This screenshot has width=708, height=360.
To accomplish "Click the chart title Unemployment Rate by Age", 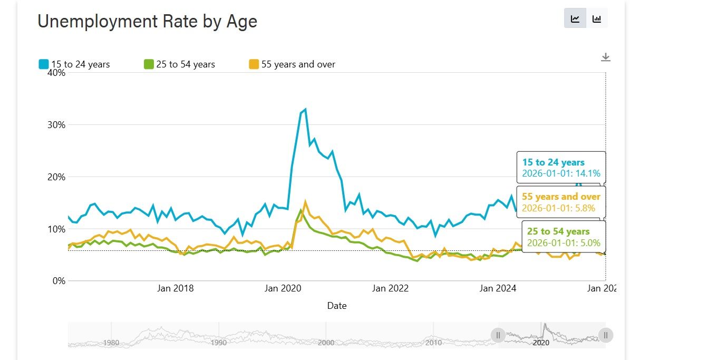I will pyautogui.click(x=147, y=22).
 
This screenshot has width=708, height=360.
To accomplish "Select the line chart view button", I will pyautogui.click(x=575, y=18).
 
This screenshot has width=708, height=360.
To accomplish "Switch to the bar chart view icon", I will pyautogui.click(x=597, y=18).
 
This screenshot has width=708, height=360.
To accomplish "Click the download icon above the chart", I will pyautogui.click(x=606, y=57).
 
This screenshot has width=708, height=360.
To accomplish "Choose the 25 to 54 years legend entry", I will pyautogui.click(x=180, y=64).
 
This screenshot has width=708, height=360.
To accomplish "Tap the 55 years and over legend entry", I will pyautogui.click(x=292, y=64).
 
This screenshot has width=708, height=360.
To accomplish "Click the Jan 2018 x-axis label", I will pyautogui.click(x=176, y=288).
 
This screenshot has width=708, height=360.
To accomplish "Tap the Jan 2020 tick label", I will pyautogui.click(x=283, y=288).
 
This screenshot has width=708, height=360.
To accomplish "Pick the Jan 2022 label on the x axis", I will pyautogui.click(x=390, y=288).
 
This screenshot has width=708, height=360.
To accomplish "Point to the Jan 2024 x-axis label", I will pyautogui.click(x=498, y=288).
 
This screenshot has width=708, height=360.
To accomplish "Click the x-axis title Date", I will pyautogui.click(x=337, y=306).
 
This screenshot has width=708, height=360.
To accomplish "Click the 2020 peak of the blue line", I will pyautogui.click(x=305, y=110).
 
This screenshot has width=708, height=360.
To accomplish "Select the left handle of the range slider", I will pyautogui.click(x=498, y=335).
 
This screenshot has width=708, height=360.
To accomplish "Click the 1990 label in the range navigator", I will pyautogui.click(x=218, y=343).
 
